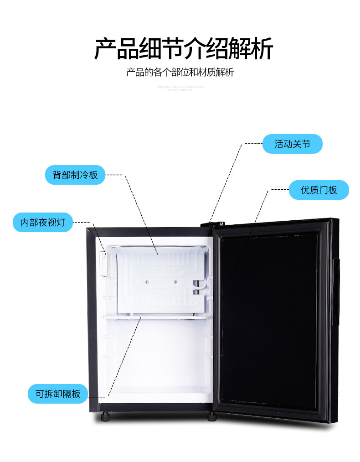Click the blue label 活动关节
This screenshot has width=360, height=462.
[x=293, y=144]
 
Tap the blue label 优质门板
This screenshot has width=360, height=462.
[x=319, y=190]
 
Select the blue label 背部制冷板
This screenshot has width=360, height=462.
[x=75, y=175]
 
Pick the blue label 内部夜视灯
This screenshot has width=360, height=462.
[x=43, y=223]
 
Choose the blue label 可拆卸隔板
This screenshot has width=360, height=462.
[x=57, y=393]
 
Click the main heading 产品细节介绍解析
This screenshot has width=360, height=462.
[x=183, y=49]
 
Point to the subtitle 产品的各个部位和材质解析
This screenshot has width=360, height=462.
[x=180, y=73]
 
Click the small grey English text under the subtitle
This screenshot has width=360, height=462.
[x=180, y=88]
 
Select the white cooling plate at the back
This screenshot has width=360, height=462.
[x=159, y=278]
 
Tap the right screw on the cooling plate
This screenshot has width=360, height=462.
[x=175, y=281]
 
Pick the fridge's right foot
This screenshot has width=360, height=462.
[x=212, y=416]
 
